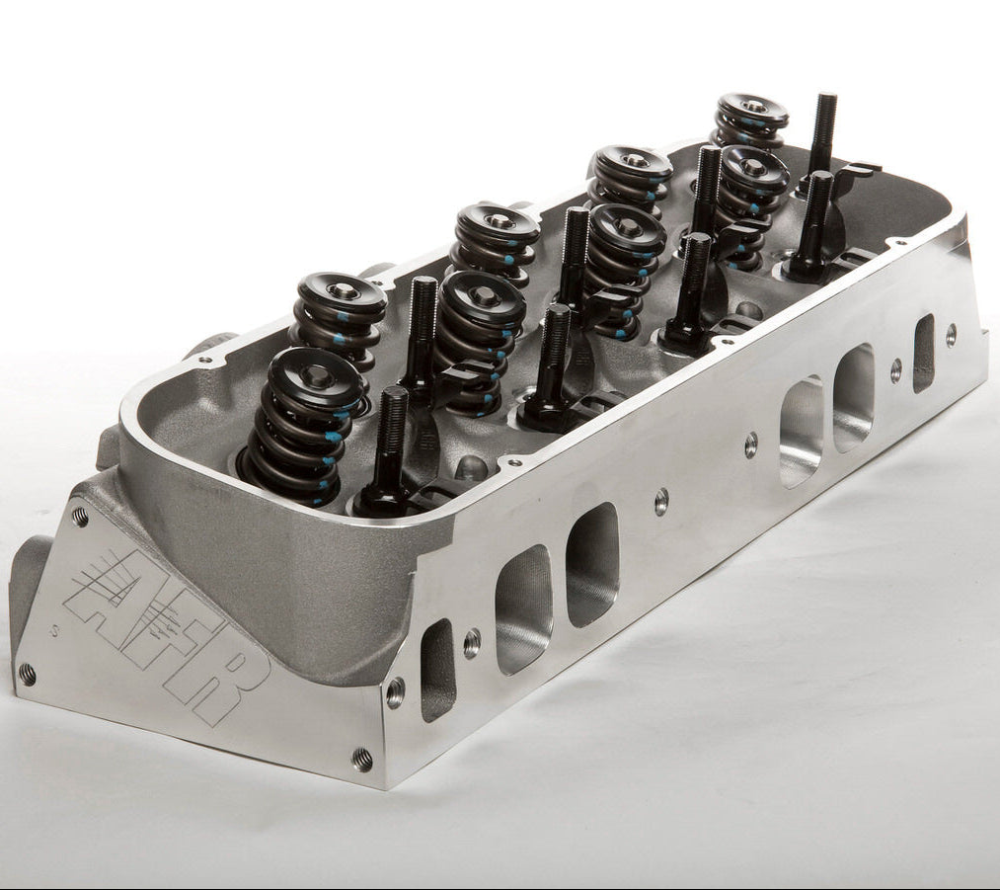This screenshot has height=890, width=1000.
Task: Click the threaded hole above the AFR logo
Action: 80,516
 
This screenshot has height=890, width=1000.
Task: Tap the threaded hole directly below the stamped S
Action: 28,671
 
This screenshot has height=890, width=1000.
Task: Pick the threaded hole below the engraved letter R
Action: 363,759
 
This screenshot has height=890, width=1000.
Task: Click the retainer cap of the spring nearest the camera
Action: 316,377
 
